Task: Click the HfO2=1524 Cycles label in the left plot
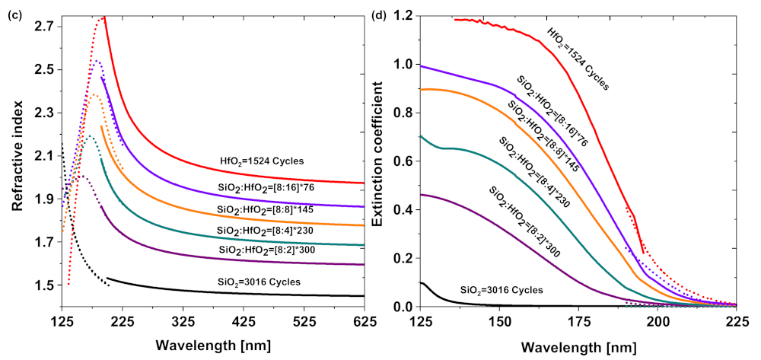(260, 161)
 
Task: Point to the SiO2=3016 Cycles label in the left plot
(259, 282)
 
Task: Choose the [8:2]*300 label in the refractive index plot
(260, 250)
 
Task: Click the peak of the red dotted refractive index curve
(100, 18)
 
